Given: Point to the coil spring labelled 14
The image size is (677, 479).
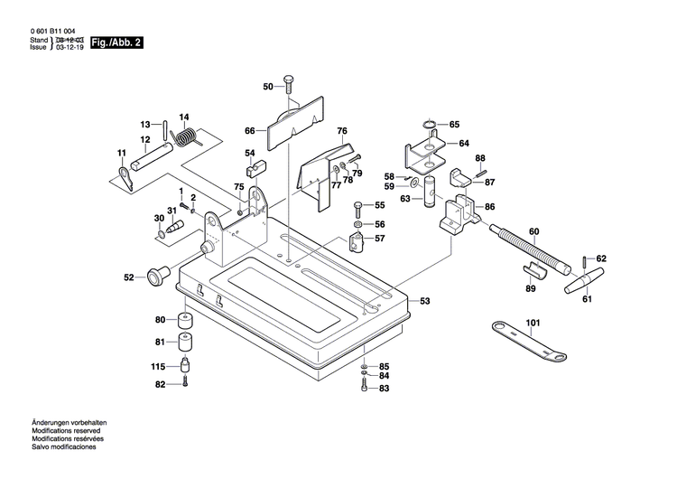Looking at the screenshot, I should [188, 137].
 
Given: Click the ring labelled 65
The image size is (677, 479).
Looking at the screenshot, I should [430, 125].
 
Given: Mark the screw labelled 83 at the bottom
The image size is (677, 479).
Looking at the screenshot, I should [363, 387].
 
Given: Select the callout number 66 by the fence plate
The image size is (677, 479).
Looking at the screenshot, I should [250, 131].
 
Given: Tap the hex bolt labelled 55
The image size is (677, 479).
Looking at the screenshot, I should [358, 206].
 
